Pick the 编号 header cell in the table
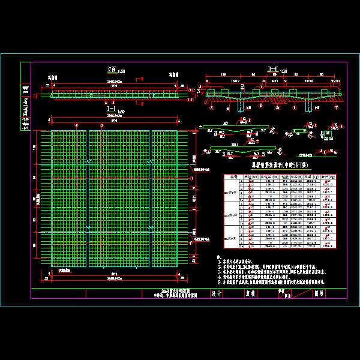pyautogui.click(x=228, y=176)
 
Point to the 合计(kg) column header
pyautogui.click(x=328, y=176)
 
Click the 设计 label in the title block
pyautogui.click(x=217, y=294)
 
